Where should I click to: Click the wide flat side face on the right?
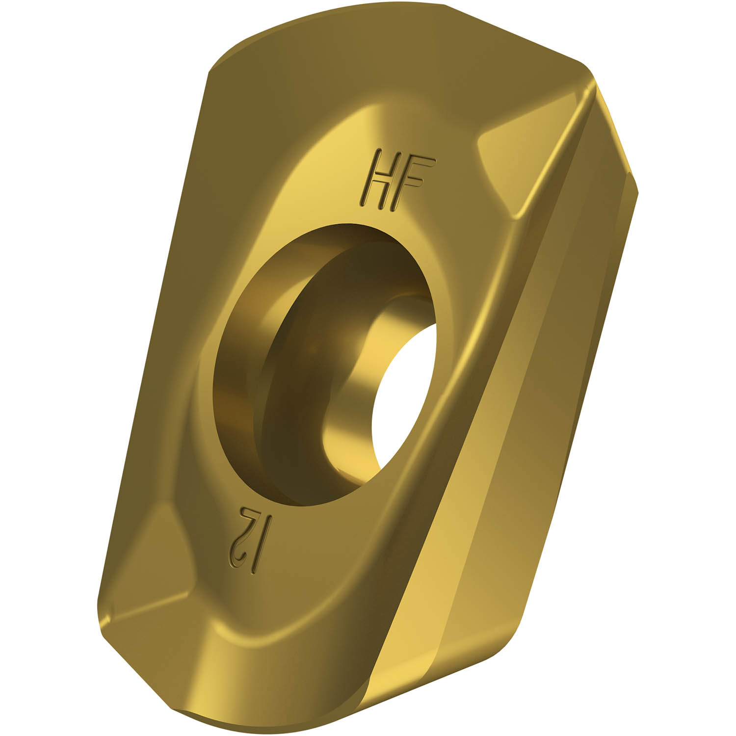tap(515, 442)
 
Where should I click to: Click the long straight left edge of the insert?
tap(152, 343)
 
